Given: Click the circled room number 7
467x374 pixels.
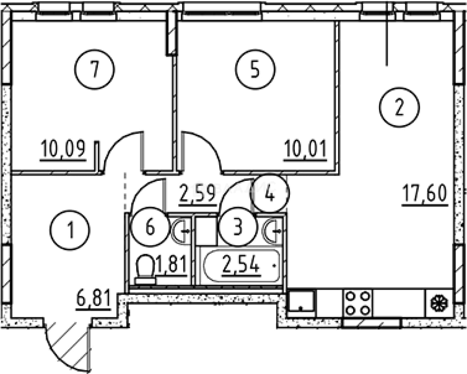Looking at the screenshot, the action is tap(95, 70).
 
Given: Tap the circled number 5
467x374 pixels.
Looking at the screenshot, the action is tap(255, 70).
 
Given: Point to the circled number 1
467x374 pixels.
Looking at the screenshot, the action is tap(70, 230).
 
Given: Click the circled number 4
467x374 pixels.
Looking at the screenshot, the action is tap(270, 193).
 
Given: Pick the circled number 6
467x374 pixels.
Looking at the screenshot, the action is tap(150, 227).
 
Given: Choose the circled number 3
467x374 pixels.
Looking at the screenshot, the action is tap(238, 227).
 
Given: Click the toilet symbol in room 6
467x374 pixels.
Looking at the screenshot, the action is tap(145, 269).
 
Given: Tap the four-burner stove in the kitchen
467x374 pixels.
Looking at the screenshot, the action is tap(358, 303).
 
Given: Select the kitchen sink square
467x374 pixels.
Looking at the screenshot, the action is tap(301, 301).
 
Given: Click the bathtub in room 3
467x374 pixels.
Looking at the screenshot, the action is tap(241, 266).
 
